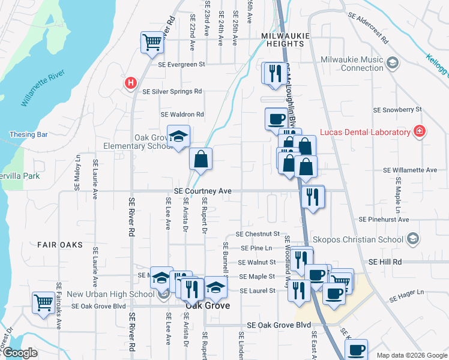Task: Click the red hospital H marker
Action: click(129, 83)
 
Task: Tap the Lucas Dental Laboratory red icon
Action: click(420, 131)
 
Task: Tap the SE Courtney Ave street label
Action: click(203, 191)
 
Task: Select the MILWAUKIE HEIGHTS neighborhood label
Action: click(286, 40)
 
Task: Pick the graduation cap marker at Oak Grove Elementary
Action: click(178, 137)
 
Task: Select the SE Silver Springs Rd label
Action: click(172, 92)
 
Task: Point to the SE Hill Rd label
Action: click(385, 262)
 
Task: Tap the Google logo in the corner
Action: click(20, 353)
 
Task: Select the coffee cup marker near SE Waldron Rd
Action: click(276, 118)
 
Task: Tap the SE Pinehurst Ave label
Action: click(384, 220)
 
